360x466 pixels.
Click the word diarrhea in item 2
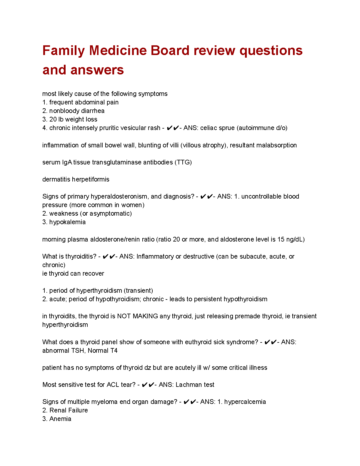pyautogui.click(x=91, y=111)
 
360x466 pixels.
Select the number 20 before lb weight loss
pyautogui.click(x=53, y=119)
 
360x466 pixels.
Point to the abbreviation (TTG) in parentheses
pyautogui.click(x=183, y=162)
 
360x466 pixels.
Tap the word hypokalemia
pyautogui.click(x=67, y=222)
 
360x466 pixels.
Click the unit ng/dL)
pyautogui.click(x=295, y=239)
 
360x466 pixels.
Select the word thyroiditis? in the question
pyautogui.click(x=81, y=256)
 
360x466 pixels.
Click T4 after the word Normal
pyautogui.click(x=114, y=350)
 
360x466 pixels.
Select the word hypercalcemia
pyautogui.click(x=245, y=402)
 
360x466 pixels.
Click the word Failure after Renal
pyautogui.click(x=77, y=410)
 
